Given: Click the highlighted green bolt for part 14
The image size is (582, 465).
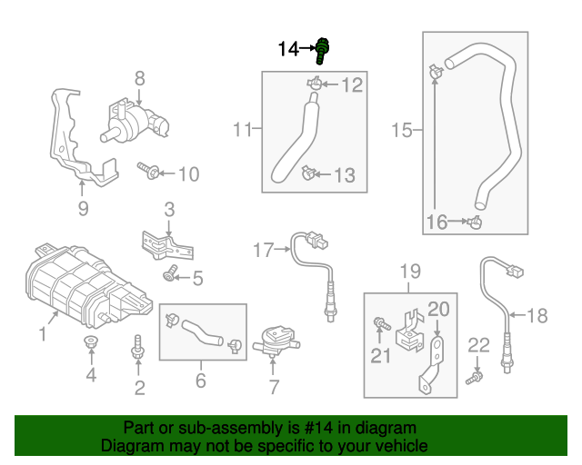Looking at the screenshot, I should (322, 50).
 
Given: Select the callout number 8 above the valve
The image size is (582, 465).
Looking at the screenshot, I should (140, 78).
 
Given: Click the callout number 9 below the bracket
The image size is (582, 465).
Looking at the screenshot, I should (82, 211).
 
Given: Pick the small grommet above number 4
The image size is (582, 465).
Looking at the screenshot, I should (91, 342).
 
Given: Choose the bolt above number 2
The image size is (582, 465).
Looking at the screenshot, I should (138, 345).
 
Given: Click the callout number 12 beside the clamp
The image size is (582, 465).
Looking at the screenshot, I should (351, 86).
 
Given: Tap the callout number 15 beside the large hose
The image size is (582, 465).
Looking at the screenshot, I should (402, 132).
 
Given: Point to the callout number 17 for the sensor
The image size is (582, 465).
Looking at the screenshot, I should (263, 250).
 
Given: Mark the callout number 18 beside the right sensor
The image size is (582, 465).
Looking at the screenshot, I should (537, 316).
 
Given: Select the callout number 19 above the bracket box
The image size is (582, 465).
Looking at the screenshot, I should (410, 271).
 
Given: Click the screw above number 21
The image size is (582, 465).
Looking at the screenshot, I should (379, 322).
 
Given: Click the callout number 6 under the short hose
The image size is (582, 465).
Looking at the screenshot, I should (201, 381).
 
